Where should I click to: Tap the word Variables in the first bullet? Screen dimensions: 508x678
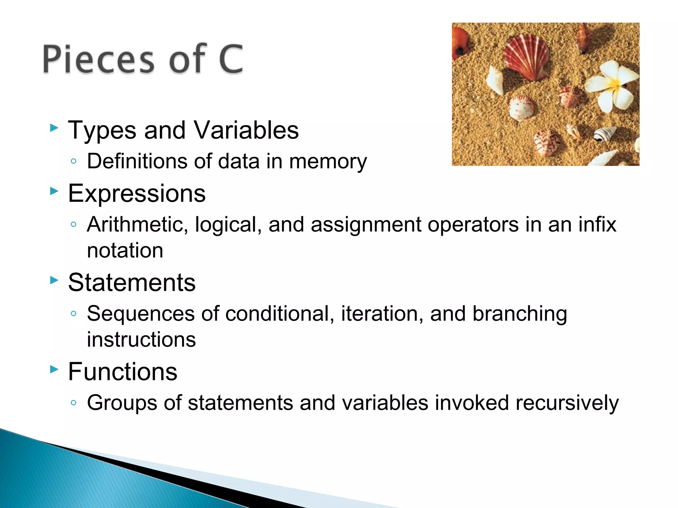pos(246,130)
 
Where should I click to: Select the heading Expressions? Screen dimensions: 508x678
pos(137,193)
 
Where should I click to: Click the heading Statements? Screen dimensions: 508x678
pos(132,282)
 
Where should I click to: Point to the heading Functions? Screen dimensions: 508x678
pos(122,371)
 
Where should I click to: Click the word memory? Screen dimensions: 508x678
pos(328,162)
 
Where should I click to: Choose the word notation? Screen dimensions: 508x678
pos(125,250)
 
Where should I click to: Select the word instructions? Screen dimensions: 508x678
pos(141,340)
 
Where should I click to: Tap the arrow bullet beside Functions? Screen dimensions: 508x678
pos(54,369)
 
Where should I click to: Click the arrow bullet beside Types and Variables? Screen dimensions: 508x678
pos(54,128)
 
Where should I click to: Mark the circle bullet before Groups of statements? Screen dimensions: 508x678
pos(73,402)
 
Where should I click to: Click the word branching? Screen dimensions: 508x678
pos(519,314)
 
